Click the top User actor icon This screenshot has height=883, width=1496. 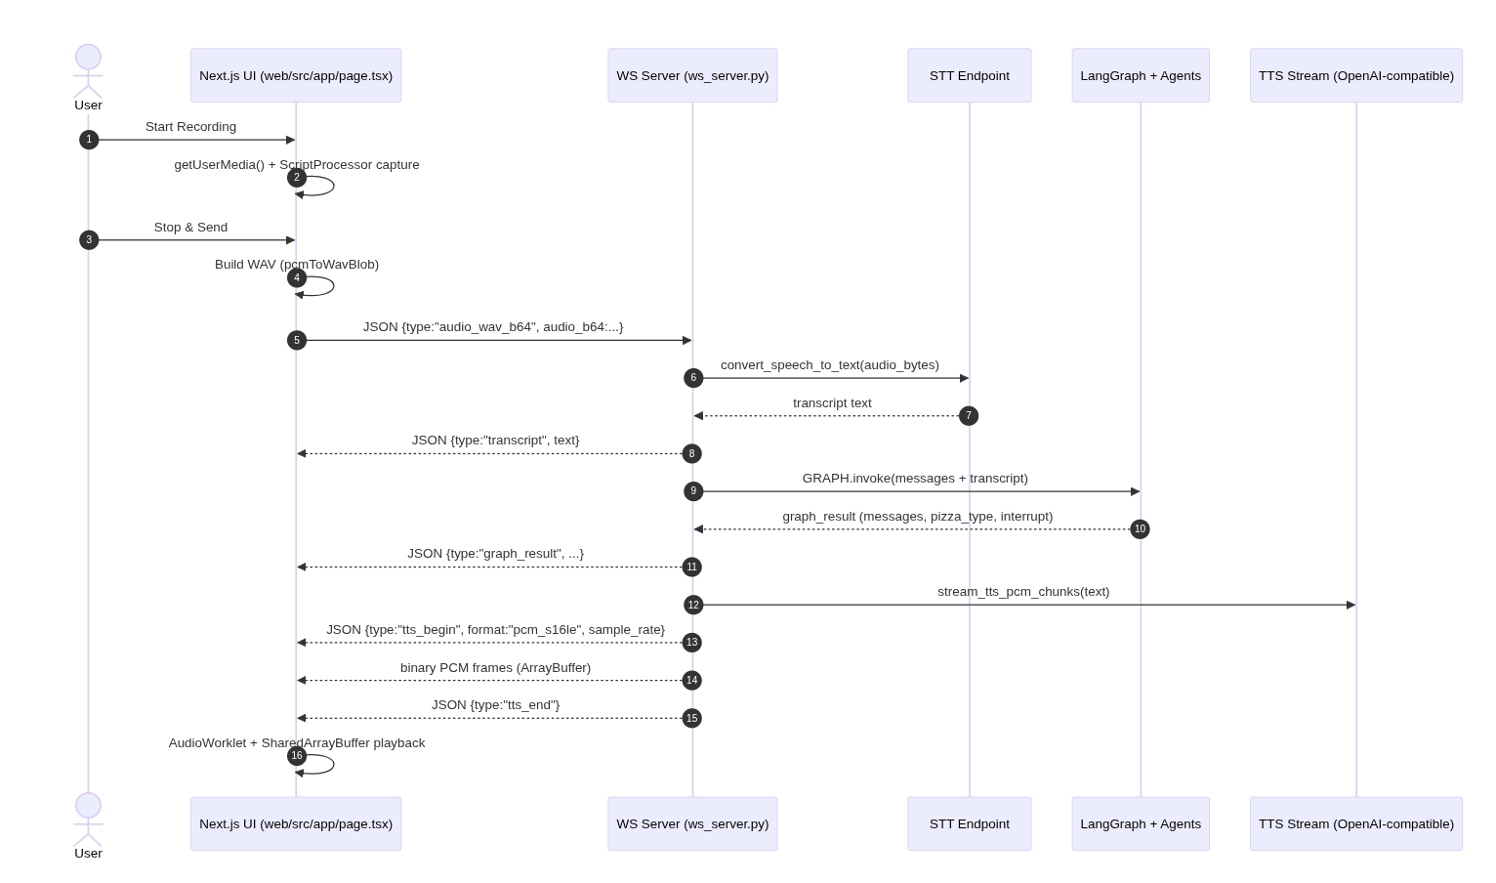tap(88, 70)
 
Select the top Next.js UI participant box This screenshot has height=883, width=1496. tap(296, 75)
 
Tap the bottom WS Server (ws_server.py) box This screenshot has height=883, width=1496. tap(692, 823)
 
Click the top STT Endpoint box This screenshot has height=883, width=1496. tap(969, 75)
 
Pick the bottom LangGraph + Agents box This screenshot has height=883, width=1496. tap(1140, 823)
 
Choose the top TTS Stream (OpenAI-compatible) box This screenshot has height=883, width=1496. tap(1355, 75)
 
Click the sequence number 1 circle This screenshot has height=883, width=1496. tap(89, 140)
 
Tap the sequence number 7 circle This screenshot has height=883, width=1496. tap(968, 416)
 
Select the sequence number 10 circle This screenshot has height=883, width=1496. tap(1140, 529)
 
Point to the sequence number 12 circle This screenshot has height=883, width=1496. tap(693, 605)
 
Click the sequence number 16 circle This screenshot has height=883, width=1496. tap(297, 756)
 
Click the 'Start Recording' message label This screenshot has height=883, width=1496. tap(190, 127)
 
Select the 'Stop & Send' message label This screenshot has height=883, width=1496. tap(190, 228)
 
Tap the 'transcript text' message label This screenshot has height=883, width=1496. tap(832, 403)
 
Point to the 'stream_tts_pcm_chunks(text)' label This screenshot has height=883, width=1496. tap(1022, 592)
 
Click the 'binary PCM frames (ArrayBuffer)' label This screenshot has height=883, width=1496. tap(495, 668)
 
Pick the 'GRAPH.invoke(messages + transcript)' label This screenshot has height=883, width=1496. tap(915, 479)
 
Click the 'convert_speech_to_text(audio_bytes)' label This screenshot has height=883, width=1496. tap(829, 365)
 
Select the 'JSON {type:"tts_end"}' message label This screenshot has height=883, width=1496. tap(495, 705)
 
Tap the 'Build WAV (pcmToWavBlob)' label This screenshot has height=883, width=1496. tap(297, 265)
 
